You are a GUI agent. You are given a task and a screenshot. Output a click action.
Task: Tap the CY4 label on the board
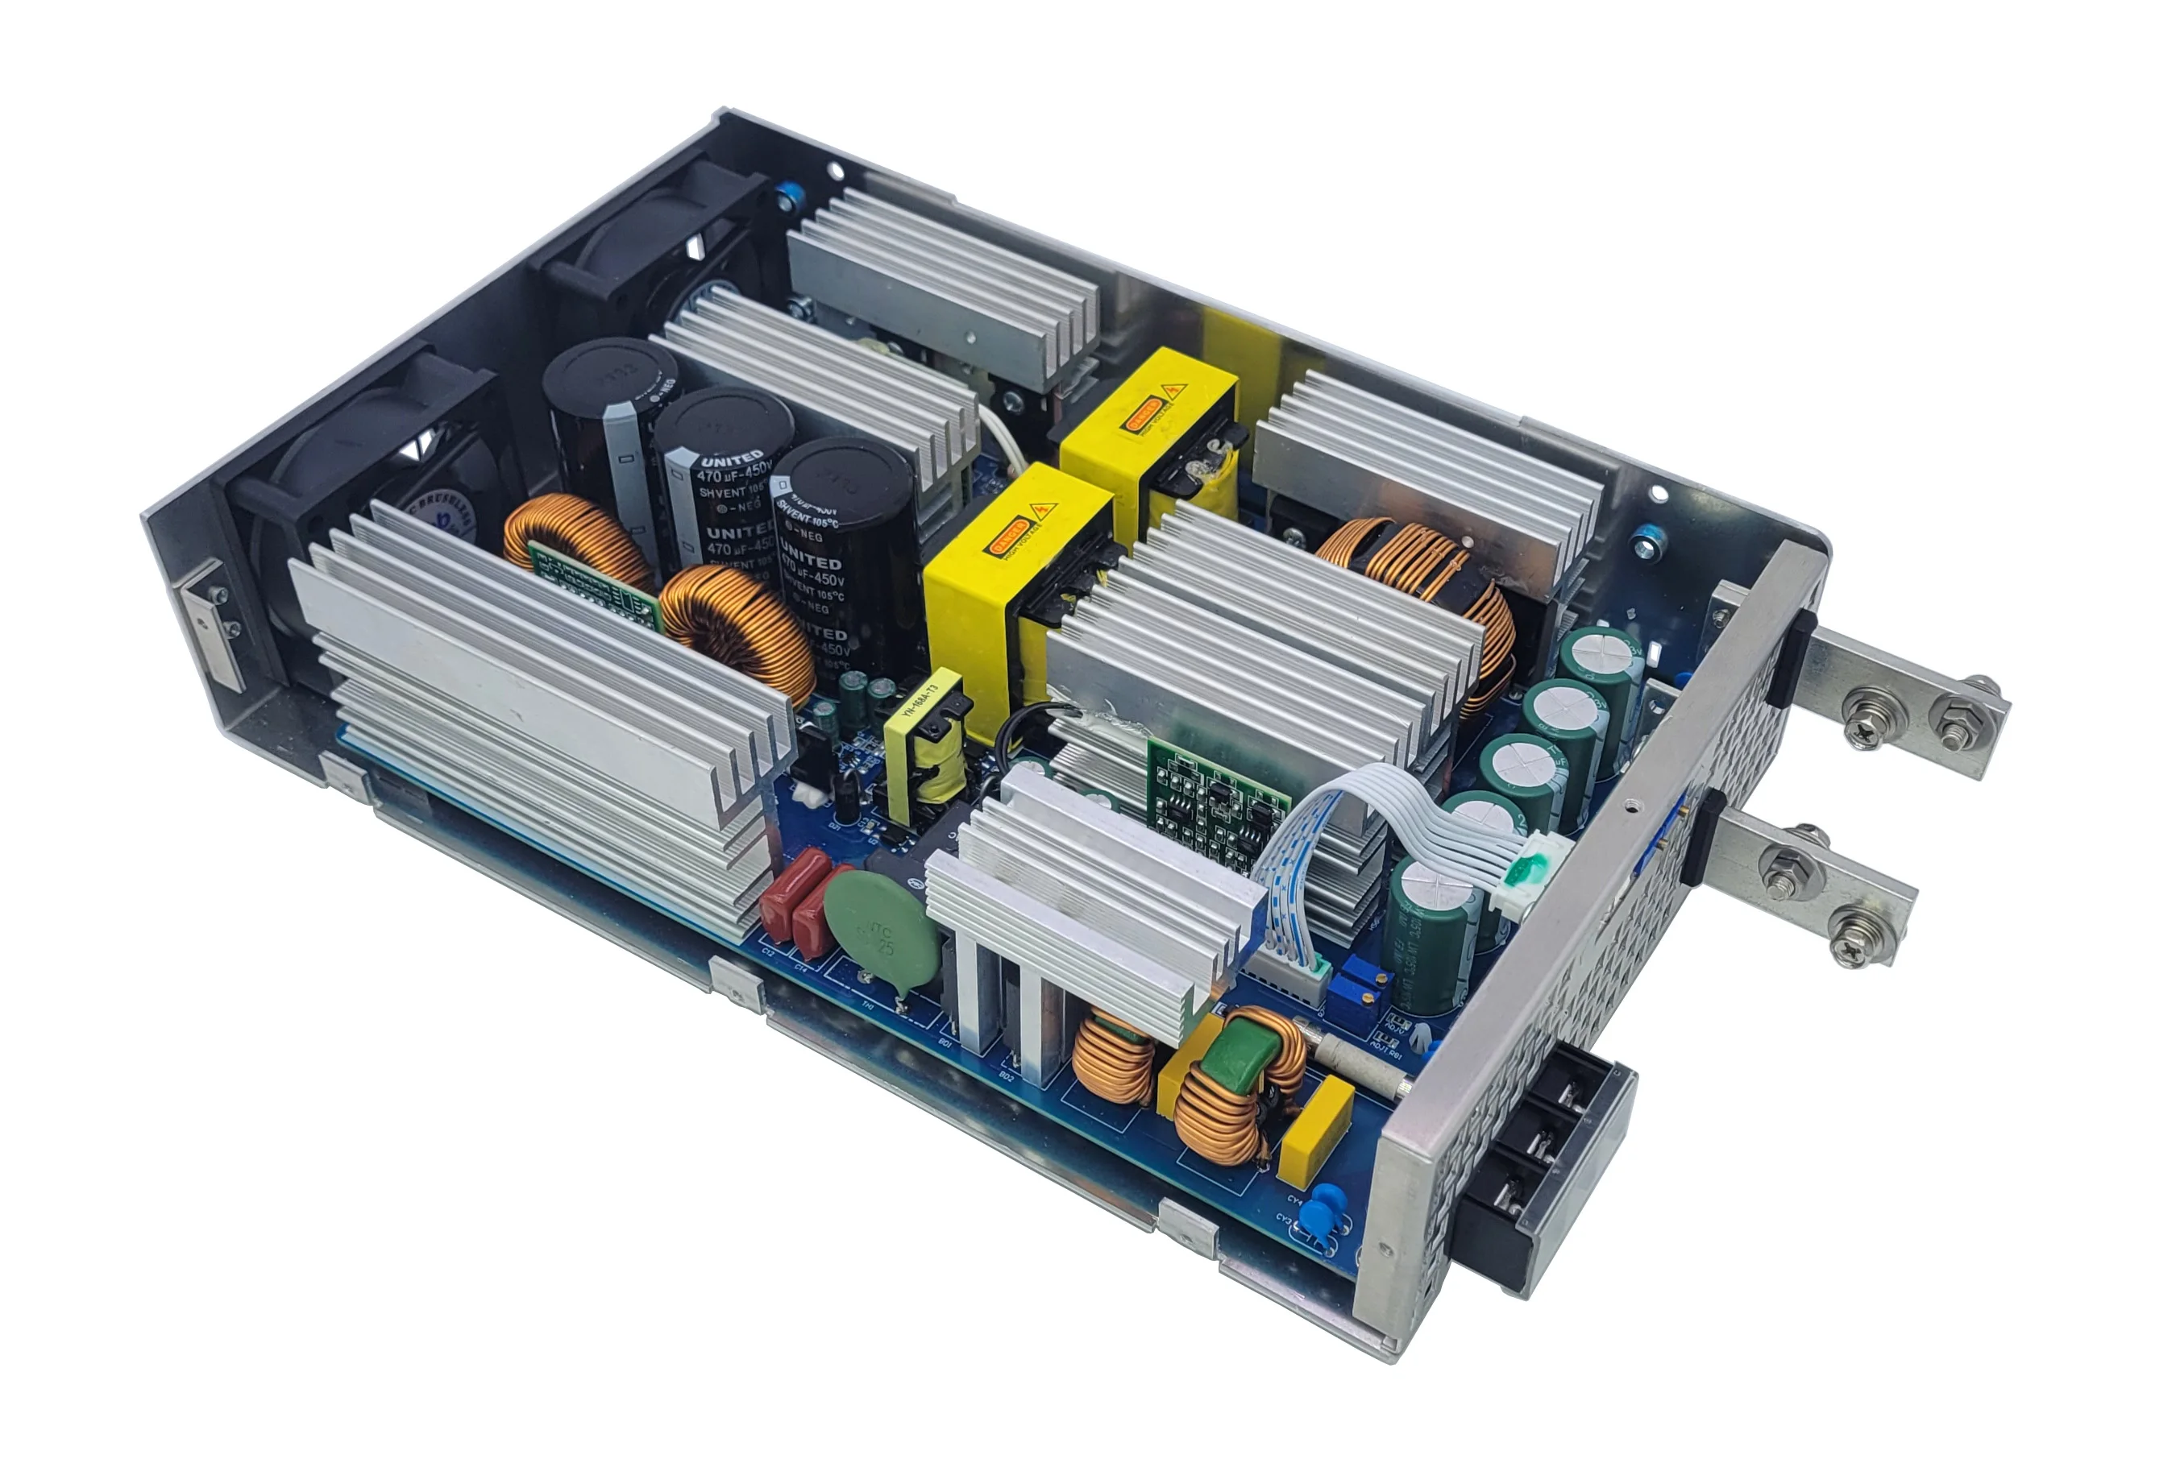pyautogui.click(x=1295, y=1200)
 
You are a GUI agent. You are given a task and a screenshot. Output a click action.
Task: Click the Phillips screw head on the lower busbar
pyautogui.click(x=1851, y=949)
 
